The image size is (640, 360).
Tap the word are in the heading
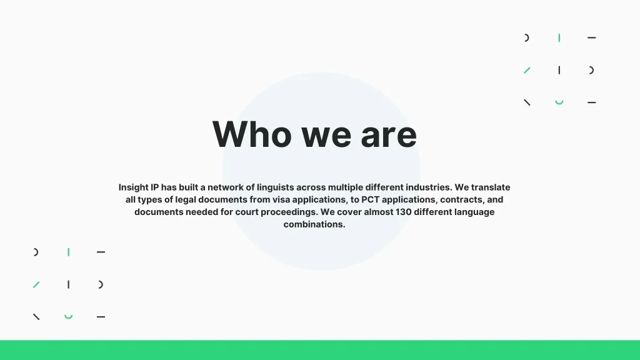(389, 137)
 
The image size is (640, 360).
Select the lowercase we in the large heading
(326, 137)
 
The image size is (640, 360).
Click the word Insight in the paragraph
(134, 187)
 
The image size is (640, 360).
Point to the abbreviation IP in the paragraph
(155, 187)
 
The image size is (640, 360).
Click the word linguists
(276, 187)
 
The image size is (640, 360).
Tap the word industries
(429, 187)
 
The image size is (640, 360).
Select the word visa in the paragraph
(281, 199)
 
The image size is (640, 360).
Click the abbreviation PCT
(370, 199)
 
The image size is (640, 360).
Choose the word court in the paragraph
(247, 212)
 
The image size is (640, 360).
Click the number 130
(403, 212)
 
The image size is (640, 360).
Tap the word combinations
(314, 224)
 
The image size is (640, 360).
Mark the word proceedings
(289, 212)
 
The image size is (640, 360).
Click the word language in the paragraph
(474, 212)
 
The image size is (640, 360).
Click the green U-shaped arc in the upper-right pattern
(559, 103)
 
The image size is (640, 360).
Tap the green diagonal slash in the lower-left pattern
(36, 284)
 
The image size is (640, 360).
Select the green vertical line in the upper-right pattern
(559, 38)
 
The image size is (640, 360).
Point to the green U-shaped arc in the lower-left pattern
(68, 317)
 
